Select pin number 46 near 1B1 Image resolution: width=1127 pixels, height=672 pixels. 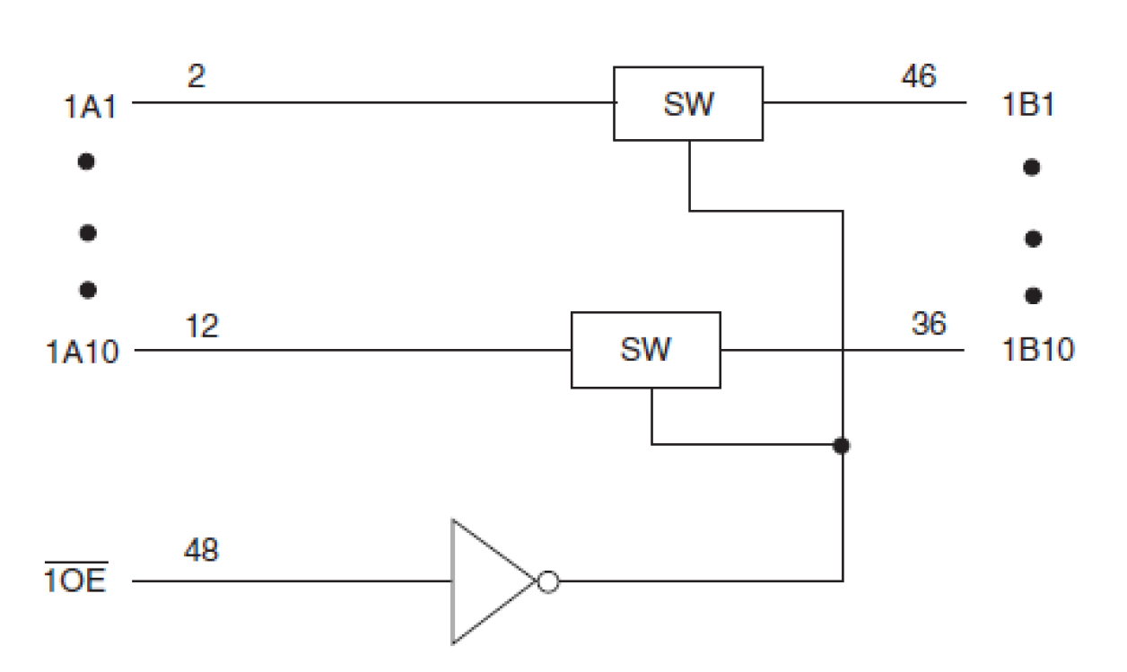point(917,77)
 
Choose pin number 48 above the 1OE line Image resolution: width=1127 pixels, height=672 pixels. point(201,550)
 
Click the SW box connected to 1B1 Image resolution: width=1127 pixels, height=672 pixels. point(688,103)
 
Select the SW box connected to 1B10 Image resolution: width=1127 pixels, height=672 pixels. point(646,350)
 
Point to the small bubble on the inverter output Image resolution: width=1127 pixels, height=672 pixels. point(547,581)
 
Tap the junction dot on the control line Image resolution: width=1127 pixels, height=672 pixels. point(842,444)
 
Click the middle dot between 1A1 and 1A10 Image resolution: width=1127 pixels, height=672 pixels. point(87,233)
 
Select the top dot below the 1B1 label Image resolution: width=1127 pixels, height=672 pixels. point(1032,168)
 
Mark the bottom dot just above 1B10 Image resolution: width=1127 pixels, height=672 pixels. point(1032,294)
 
